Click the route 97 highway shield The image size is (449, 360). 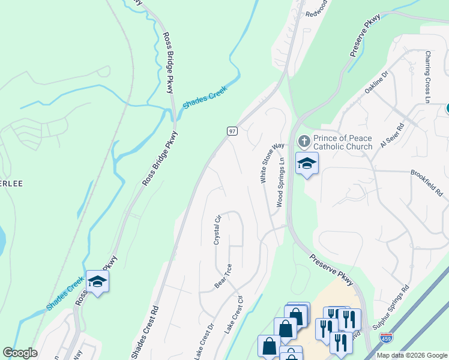tap(232, 131)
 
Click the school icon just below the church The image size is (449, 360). tap(307, 163)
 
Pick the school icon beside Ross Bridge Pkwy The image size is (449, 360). tap(98, 280)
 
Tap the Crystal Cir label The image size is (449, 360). tap(217, 230)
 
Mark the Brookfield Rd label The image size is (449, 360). tap(427, 183)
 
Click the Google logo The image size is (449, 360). tap(20, 353)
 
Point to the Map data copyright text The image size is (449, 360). tap(411, 355)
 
